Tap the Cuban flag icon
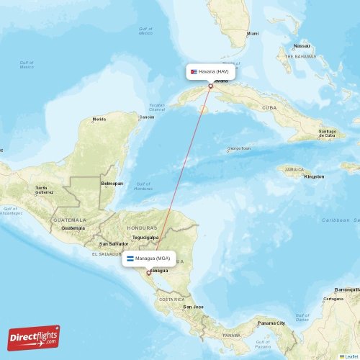tap(194, 72)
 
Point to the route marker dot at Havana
tap(210, 86)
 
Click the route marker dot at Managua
tap(148, 272)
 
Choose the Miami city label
tap(252, 34)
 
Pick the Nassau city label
tap(302, 45)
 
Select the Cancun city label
tap(147, 117)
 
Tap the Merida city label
tap(99, 119)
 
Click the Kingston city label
tap(314, 176)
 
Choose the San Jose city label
tap(193, 307)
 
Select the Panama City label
tap(272, 323)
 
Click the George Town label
tap(238, 149)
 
